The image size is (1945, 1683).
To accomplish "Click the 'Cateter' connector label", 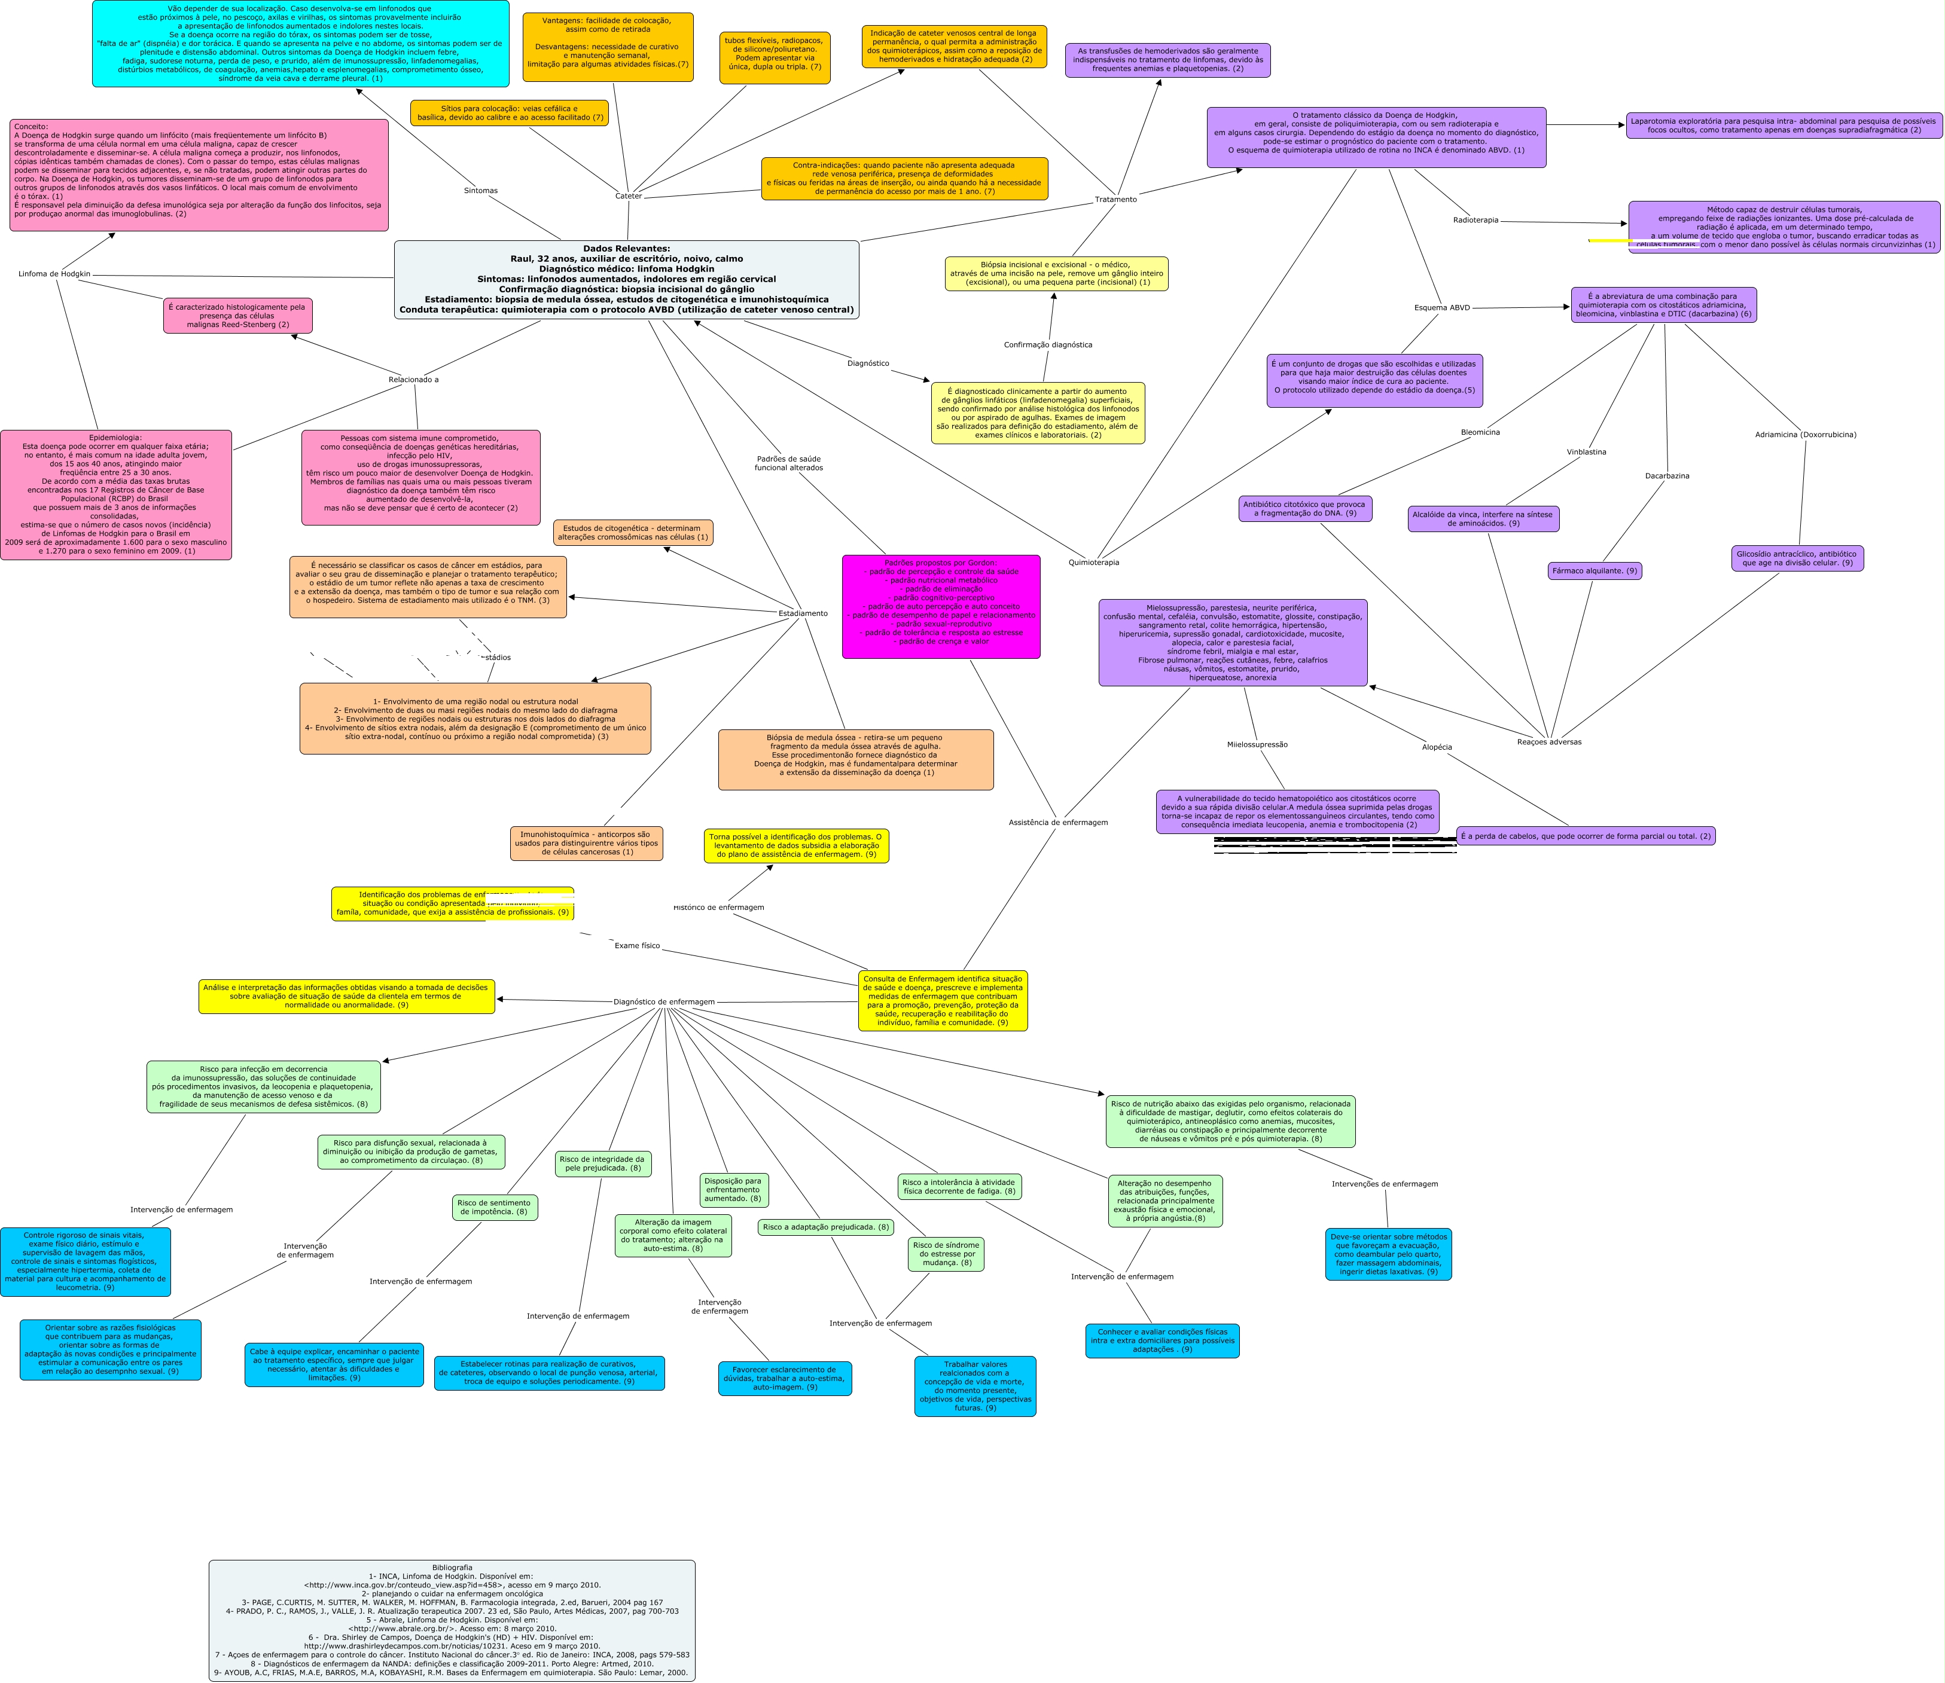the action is (627, 196).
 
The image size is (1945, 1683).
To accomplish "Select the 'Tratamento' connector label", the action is (1115, 199).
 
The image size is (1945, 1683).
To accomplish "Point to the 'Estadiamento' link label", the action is (803, 613).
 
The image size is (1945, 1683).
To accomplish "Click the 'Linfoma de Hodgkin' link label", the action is (54, 274).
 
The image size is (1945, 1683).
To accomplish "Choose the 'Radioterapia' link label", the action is (1475, 220).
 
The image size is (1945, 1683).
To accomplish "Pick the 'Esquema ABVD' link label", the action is (1441, 308).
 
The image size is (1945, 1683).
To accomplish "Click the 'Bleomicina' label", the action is (1480, 432).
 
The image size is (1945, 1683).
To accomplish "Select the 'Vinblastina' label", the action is (1586, 452).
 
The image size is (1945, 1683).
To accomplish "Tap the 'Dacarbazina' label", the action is (1667, 476).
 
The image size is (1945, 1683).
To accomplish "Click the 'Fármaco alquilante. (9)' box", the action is (1595, 571).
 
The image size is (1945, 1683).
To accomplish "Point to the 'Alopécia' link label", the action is (1437, 747).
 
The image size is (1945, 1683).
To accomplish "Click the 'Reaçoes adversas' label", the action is (1548, 742).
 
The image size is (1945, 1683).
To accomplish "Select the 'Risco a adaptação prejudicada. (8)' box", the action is (825, 1227).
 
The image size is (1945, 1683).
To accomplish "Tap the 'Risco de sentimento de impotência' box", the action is (494, 1207).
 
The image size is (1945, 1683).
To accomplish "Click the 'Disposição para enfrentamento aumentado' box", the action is (733, 1190).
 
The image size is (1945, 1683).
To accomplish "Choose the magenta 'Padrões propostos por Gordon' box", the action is (941, 606).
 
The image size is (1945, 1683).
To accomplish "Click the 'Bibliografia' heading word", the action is (452, 1568).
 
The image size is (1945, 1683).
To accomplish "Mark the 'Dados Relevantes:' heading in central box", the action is (626, 249).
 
